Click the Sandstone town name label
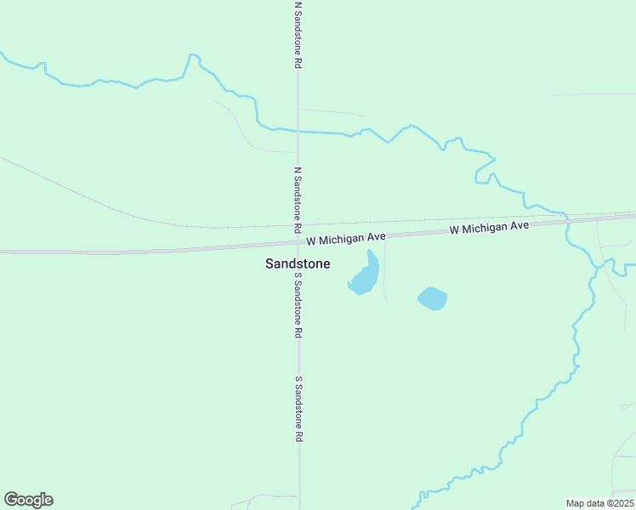[x=298, y=264]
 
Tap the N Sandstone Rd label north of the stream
[x=298, y=35]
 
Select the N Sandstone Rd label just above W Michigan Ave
[x=298, y=200]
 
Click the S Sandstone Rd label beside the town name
[x=298, y=306]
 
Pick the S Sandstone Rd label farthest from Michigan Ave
[x=298, y=409]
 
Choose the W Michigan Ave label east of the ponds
[x=489, y=227]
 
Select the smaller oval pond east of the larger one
[x=432, y=298]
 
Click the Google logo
[x=28, y=500]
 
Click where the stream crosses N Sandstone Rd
[x=298, y=131]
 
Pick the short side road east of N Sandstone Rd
[x=332, y=111]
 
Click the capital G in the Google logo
[x=11, y=500]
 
